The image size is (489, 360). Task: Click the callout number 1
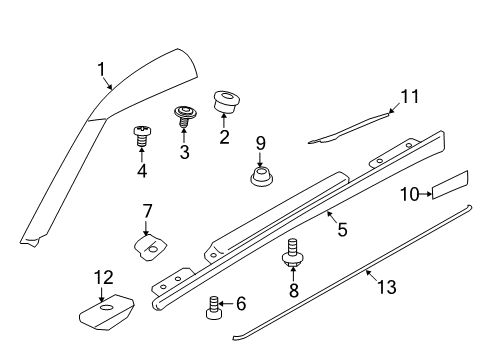point(101,69)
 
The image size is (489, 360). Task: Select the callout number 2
point(224,136)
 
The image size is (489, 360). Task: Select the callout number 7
point(146,211)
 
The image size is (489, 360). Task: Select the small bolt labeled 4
point(142,137)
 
